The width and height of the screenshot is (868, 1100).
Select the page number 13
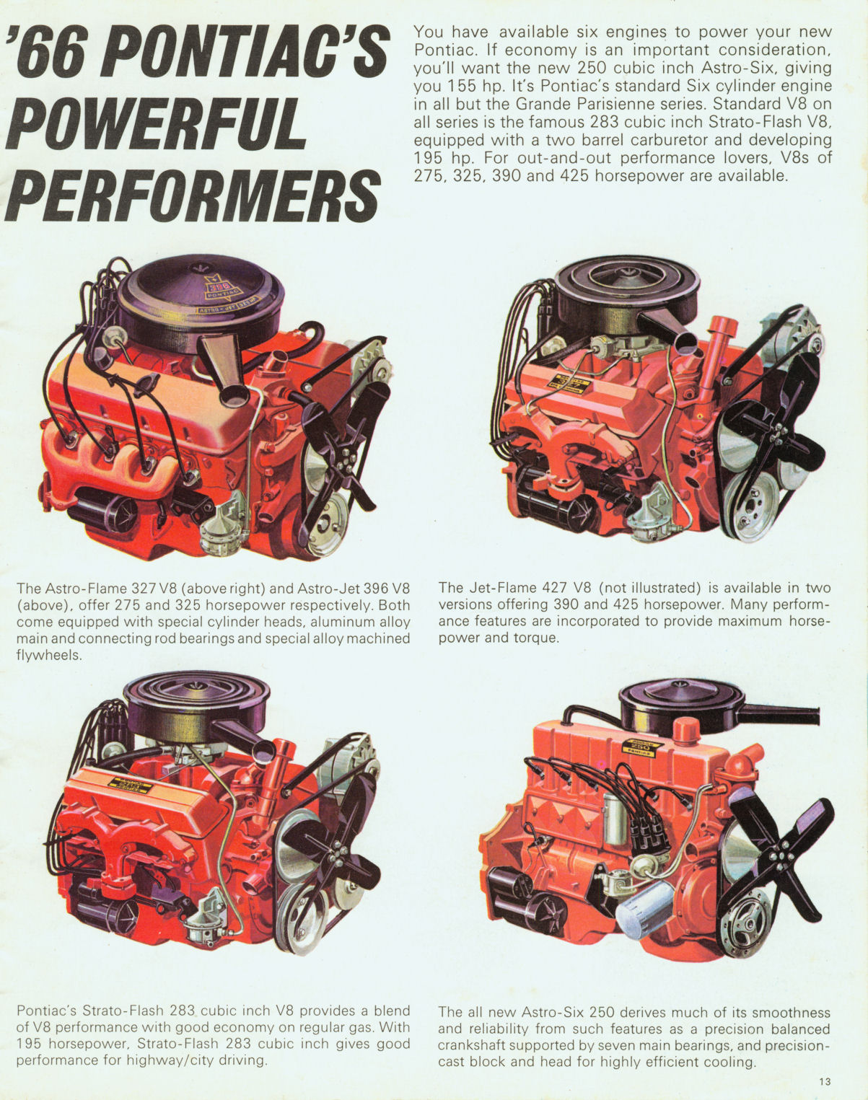click(x=825, y=1081)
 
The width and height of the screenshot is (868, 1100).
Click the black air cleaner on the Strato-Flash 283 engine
click(x=196, y=703)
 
